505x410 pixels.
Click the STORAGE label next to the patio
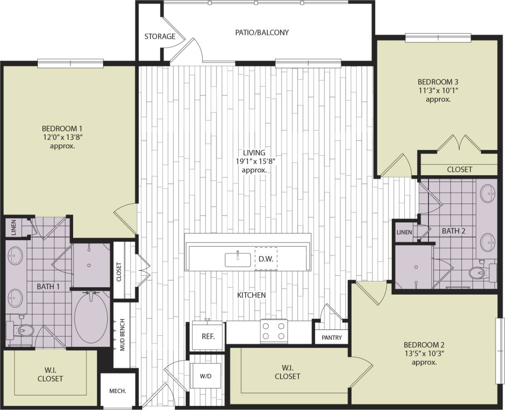[160, 37]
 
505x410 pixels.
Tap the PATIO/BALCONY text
[261, 32]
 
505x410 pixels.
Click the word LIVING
[254, 153]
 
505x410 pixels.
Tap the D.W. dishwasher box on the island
[266, 259]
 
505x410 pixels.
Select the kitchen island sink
[238, 259]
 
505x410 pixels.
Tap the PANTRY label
[331, 338]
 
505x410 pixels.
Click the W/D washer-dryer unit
[205, 376]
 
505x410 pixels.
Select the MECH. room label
[118, 391]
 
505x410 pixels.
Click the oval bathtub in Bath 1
[90, 318]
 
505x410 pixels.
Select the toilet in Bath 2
[479, 273]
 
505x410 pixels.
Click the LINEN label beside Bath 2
[404, 232]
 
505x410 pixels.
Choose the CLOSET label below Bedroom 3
[459, 169]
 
